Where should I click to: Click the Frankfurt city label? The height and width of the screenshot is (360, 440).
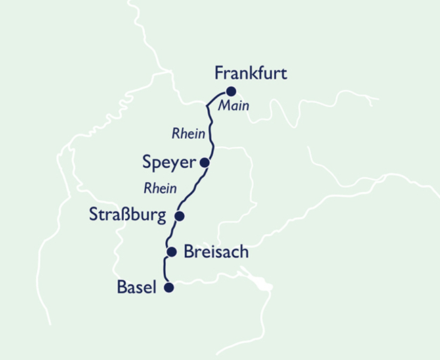tap(250, 73)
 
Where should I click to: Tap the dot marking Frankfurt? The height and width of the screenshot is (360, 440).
tap(231, 91)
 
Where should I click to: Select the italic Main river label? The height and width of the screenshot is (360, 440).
tap(234, 106)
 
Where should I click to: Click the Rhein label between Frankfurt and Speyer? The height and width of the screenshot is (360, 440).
tap(188, 134)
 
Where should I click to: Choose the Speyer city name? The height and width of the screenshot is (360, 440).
tap(169, 163)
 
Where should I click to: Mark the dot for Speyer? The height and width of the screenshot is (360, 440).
tap(204, 162)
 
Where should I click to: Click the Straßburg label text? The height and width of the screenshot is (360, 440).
tap(128, 215)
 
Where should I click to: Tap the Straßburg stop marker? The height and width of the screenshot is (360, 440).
tap(179, 216)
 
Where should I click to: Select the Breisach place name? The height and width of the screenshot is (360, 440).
tap(216, 252)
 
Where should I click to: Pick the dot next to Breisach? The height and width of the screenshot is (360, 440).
tap(172, 252)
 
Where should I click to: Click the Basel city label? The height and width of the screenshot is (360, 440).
tap(137, 288)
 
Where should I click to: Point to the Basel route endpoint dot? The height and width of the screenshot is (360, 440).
tap(169, 287)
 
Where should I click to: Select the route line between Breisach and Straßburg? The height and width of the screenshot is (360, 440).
tap(169, 234)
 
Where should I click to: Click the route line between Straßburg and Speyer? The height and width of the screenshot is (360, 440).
tap(193, 189)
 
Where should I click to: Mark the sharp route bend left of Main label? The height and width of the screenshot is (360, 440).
tap(206, 106)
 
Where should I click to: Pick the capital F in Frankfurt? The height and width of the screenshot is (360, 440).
tap(219, 73)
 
